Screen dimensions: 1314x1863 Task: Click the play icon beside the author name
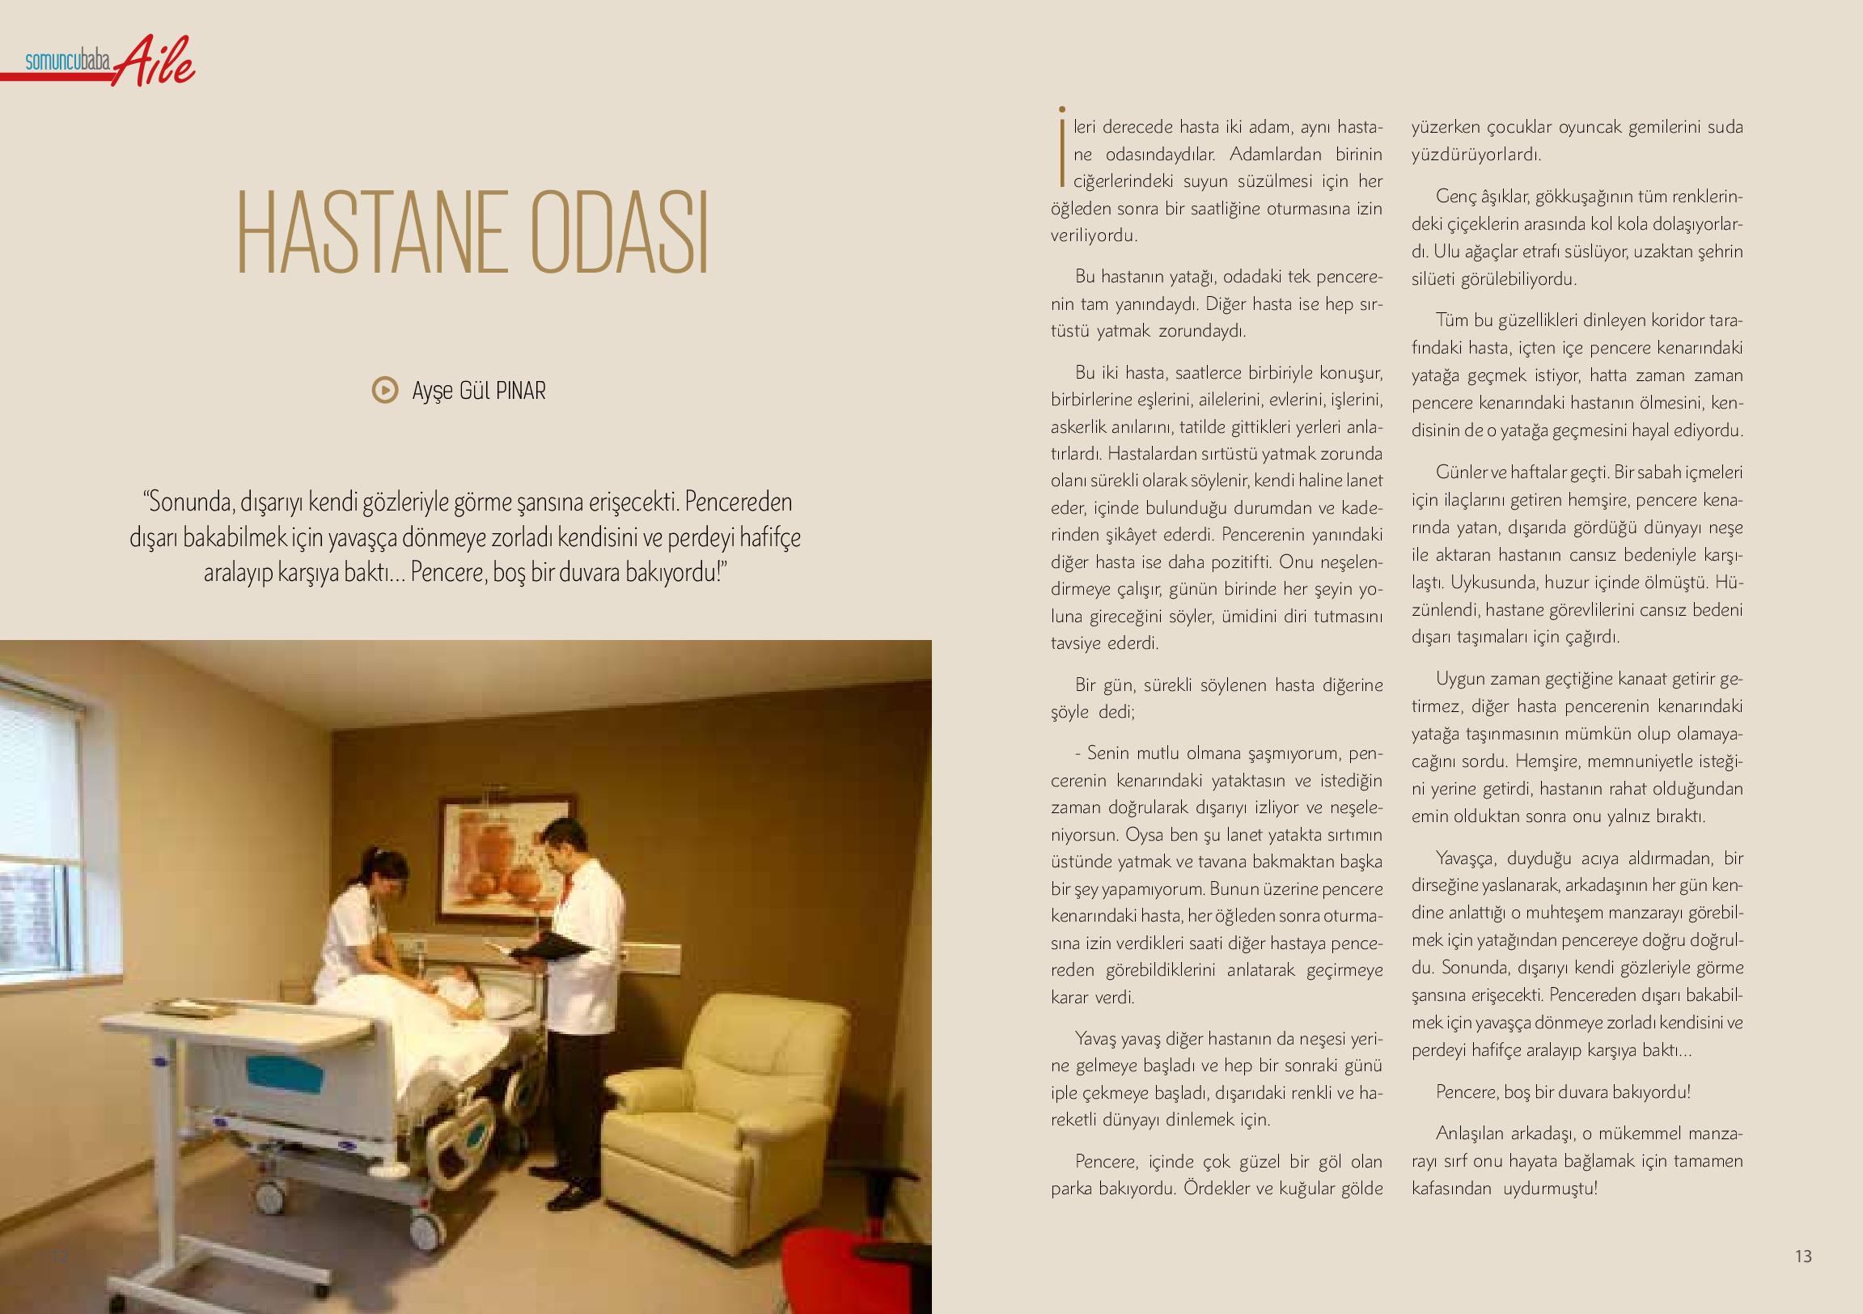pos(384,390)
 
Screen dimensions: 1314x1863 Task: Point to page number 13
pos(1803,1257)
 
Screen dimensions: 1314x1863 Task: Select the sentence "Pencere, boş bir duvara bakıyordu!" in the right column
pos(1563,1091)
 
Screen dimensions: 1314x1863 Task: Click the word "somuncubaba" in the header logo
pos(68,61)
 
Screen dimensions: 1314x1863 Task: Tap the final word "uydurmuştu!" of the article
pos(1550,1189)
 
